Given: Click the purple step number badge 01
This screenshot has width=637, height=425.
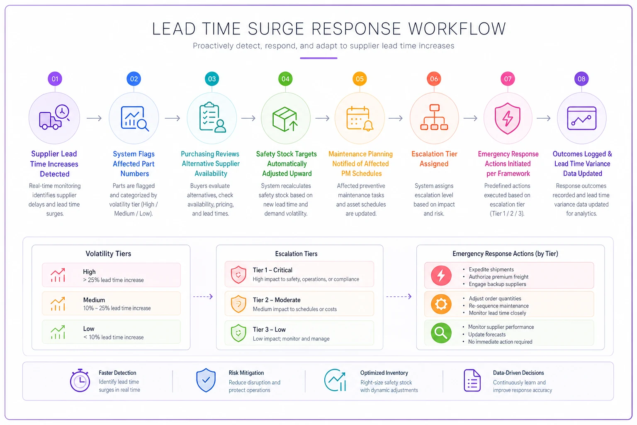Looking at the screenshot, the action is point(55,79).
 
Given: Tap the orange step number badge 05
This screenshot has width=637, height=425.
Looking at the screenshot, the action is point(360,79).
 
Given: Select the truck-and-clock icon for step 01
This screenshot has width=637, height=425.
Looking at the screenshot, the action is point(54,117).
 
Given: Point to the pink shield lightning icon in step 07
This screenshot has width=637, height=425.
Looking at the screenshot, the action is point(508,118).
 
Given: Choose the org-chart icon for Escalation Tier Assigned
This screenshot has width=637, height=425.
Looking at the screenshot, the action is point(434,117).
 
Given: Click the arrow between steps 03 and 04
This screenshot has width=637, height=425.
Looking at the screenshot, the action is point(248,118).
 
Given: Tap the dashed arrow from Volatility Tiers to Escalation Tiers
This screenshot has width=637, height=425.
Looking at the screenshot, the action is point(203,297).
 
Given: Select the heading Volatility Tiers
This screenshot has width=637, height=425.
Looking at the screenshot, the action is point(108,254).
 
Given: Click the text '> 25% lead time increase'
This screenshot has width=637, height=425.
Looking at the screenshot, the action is point(114,280).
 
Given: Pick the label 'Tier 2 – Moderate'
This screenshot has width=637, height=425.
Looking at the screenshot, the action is point(277,300).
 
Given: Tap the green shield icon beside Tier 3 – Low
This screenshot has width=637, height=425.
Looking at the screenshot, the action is point(238,333).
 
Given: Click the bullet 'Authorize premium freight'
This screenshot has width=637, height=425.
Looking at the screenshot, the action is point(498,277).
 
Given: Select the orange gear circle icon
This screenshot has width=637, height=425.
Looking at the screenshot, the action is point(441,304).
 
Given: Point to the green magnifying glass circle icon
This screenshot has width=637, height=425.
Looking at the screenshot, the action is point(441,333).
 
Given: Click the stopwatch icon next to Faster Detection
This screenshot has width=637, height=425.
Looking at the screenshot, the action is point(80,380).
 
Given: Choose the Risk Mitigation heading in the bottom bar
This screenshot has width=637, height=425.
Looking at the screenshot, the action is point(246,373).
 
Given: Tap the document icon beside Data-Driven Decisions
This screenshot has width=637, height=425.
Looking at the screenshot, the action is point(472,380).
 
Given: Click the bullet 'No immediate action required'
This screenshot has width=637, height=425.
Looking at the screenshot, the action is point(500,342).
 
